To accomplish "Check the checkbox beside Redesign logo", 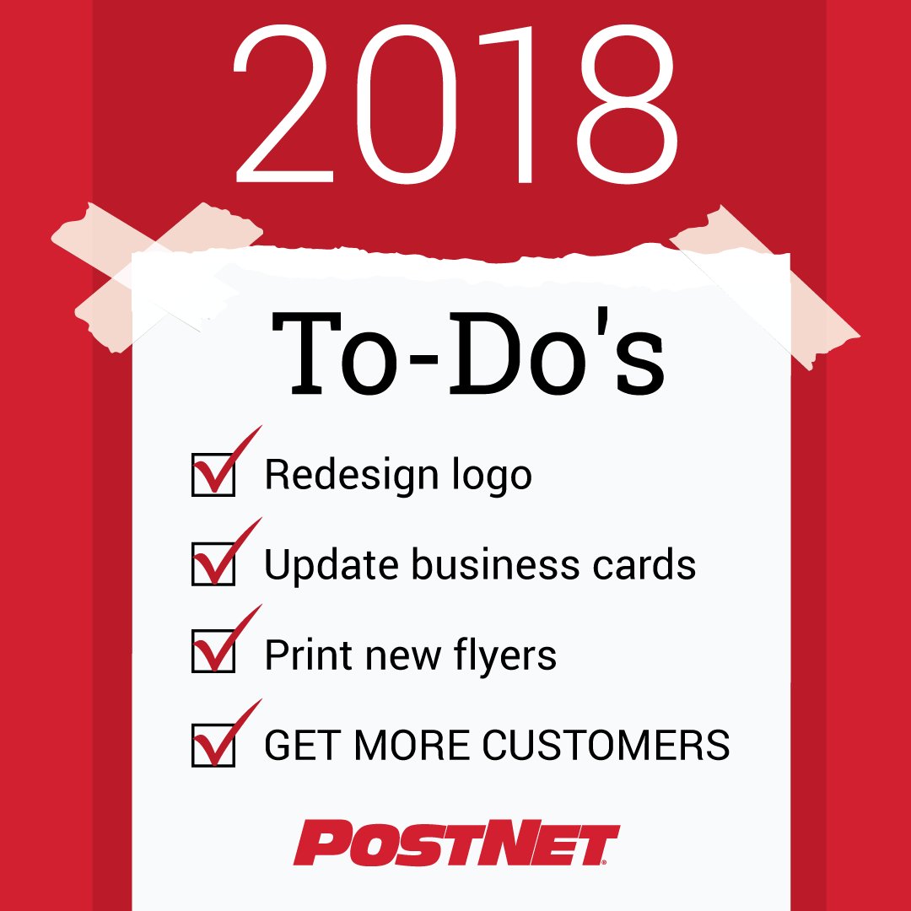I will click(x=213, y=474).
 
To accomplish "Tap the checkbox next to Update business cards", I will click(x=213, y=564).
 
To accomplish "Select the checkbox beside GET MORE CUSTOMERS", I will click(x=213, y=744).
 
